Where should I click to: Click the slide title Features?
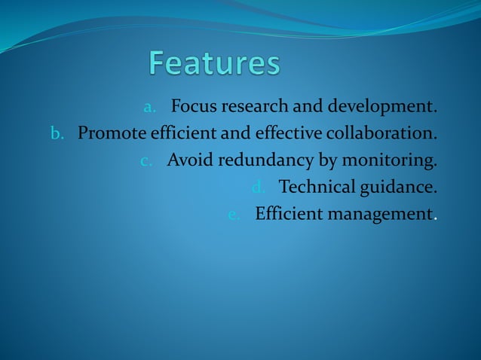[214, 63]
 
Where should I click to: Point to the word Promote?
[111, 135]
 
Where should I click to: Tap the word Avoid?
[190, 160]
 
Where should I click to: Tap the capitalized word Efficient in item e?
[287, 214]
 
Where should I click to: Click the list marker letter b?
[57, 135]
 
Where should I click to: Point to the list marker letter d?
[256, 187]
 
